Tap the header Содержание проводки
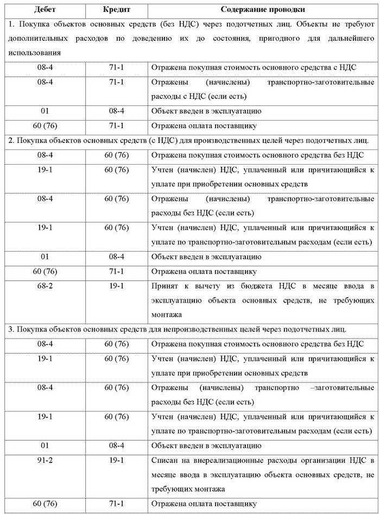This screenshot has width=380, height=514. click(262, 10)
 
